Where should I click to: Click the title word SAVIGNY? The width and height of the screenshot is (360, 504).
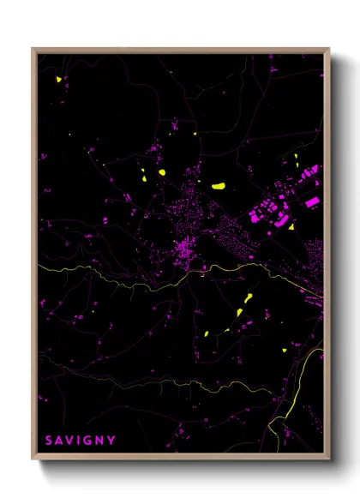pyautogui.click(x=80, y=441)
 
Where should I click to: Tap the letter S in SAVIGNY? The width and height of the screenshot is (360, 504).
pyautogui.click(x=49, y=441)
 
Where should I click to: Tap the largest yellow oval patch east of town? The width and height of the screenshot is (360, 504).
pyautogui.click(x=218, y=185)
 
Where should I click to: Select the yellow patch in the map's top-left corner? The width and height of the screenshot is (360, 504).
pyautogui.click(x=59, y=80)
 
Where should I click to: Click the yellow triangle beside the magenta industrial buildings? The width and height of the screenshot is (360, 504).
pyautogui.click(x=291, y=227)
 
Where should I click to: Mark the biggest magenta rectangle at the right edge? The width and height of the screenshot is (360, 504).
pyautogui.click(x=313, y=202)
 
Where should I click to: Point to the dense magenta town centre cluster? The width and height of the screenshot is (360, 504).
pyautogui.click(x=184, y=250)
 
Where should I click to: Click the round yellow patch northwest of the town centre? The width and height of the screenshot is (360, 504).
pyautogui.click(x=160, y=172)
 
